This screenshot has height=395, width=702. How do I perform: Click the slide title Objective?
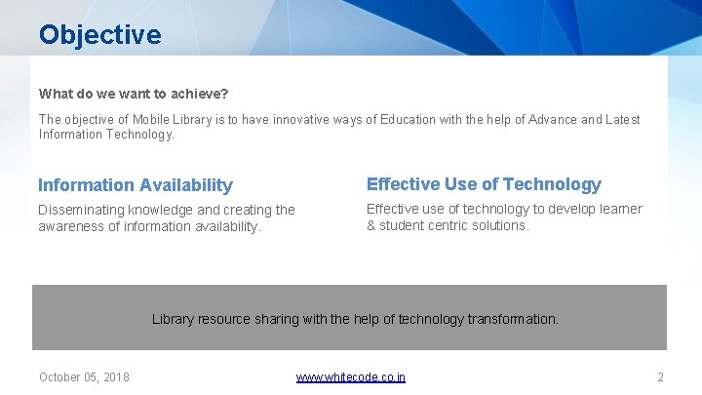click(99, 35)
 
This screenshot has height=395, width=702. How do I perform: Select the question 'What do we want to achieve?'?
click(134, 95)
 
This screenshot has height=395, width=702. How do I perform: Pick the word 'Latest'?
click(622, 120)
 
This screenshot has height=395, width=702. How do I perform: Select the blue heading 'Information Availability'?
click(136, 185)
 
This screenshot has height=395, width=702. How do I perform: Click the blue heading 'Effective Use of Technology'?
click(484, 184)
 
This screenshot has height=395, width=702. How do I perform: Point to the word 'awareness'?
click(69, 227)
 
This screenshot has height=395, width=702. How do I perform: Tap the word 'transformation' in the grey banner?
click(513, 319)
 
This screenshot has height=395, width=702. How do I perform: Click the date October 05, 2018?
click(84, 377)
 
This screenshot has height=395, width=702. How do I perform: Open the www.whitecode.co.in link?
click(351, 377)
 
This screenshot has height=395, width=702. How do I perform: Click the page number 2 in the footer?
click(660, 377)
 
